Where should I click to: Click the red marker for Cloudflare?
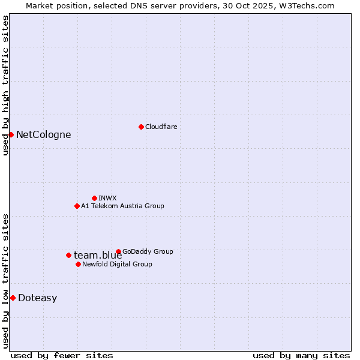pos(141,127)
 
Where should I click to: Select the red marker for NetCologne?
pos(11,134)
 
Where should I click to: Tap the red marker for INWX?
pos(94,198)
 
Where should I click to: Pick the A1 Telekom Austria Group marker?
pos(77,206)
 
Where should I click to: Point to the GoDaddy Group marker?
pos(118,251)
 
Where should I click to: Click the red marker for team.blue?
pos(68,255)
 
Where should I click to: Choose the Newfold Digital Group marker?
pos(78,264)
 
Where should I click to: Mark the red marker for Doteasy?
pos(13,298)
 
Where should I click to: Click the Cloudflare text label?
pos(161,127)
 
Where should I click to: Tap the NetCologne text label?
pos(43,134)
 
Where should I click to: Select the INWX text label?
pos(107,198)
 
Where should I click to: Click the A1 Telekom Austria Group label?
pos(122,206)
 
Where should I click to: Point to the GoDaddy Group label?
pos(148,251)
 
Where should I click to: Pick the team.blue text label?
pos(98,255)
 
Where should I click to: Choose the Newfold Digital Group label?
pos(117,264)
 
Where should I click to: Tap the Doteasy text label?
pos(37,298)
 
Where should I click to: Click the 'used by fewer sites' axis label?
pos(62,355)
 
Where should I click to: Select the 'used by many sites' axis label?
pos(301,355)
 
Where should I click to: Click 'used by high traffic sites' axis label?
pos(5,85)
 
